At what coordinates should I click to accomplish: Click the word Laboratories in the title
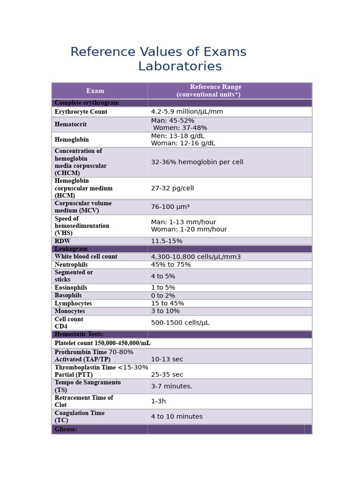[180, 67]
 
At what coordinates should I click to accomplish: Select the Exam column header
[95, 91]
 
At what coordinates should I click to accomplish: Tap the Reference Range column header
[215, 91]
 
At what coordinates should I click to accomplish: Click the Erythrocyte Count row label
[81, 112]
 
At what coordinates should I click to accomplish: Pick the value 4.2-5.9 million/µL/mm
[187, 112]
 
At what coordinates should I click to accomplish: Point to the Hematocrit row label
[70, 125]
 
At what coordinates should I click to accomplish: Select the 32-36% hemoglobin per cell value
[197, 162]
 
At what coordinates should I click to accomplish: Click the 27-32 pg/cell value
[172, 188]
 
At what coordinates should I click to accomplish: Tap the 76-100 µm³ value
[170, 207]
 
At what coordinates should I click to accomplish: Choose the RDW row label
[62, 241]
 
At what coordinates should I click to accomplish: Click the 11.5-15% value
[166, 241]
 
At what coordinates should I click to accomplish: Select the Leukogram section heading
[71, 249]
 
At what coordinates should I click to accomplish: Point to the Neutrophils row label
[71, 265]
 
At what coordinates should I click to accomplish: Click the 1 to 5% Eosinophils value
[163, 288]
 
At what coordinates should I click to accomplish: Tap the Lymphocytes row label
[73, 304]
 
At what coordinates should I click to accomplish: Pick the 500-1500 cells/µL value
[180, 323]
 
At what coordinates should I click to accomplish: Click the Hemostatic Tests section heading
[79, 334]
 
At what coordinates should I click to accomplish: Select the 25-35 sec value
[167, 375]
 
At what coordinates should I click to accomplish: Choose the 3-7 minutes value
[172, 387]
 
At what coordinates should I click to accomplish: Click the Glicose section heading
[66, 429]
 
